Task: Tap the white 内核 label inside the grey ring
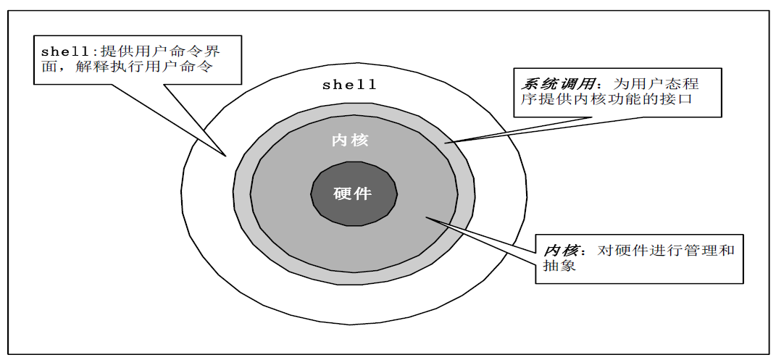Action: [x=350, y=141]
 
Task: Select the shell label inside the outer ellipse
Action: [x=350, y=85]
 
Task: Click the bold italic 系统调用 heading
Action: [x=554, y=83]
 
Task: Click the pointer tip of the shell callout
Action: [x=226, y=155]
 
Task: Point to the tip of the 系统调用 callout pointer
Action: [x=446, y=143]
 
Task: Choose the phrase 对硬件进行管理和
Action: [x=666, y=251]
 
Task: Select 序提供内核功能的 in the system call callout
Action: [x=588, y=99]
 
